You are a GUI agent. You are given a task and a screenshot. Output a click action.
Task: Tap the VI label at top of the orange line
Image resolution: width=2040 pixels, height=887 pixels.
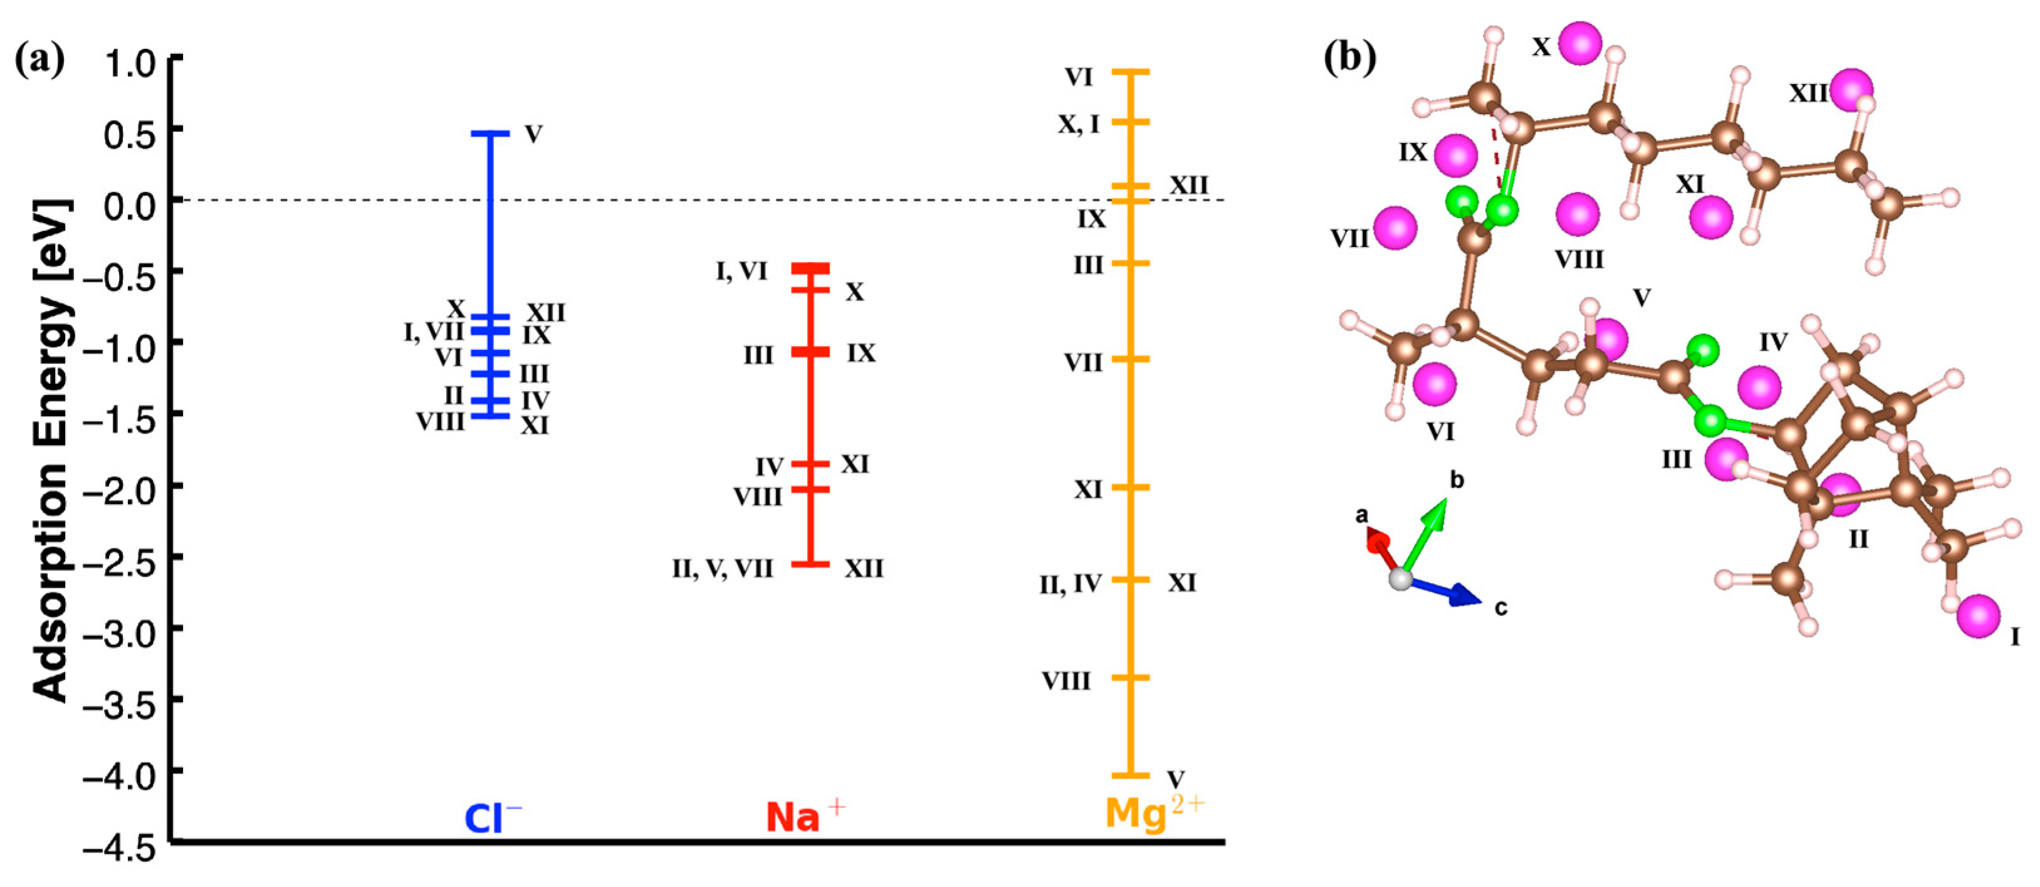(x=1079, y=77)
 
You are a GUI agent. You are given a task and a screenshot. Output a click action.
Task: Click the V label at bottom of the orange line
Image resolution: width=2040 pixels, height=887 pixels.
(x=1176, y=779)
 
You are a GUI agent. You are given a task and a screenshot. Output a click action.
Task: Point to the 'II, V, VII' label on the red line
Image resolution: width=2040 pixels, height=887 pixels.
(x=722, y=569)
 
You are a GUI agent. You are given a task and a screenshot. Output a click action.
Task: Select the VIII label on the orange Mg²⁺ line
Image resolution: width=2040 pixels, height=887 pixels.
(x=1066, y=680)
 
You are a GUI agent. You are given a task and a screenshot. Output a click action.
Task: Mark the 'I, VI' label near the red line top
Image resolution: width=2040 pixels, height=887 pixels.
(x=741, y=271)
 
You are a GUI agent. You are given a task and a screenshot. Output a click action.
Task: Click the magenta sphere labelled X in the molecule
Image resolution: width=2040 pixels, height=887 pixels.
(x=1580, y=43)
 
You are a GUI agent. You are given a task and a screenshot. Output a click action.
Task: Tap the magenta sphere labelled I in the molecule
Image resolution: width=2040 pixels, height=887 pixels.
(x=1977, y=616)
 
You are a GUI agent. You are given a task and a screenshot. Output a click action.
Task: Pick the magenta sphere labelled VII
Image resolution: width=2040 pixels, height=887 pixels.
(x=1394, y=228)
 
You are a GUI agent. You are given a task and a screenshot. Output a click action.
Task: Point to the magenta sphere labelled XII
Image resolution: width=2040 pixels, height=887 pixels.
(x=1851, y=90)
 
